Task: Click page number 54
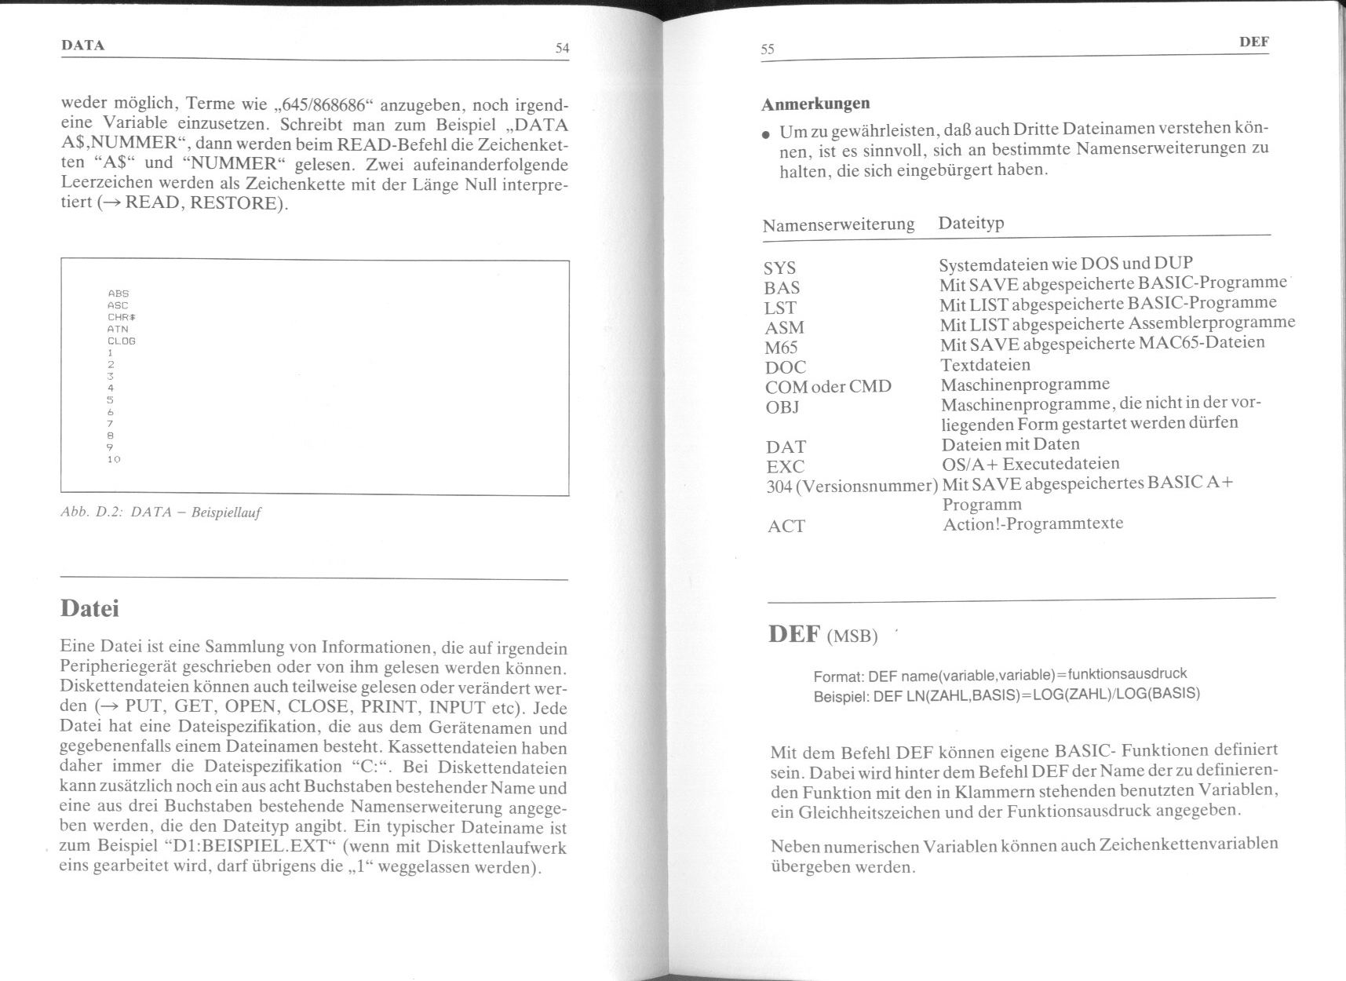561,49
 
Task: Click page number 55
767,49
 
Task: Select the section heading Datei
89,609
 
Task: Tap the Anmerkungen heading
815,104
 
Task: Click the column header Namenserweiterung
838,225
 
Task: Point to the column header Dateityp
971,223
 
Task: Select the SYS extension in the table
779,268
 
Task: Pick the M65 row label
781,348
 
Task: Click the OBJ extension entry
782,407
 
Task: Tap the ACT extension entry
786,527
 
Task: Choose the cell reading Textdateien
985,365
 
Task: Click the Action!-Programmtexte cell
1032,523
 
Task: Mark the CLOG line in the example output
122,341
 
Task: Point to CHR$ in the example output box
122,317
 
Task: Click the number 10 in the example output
114,459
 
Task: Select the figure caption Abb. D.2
160,513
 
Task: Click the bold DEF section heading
794,634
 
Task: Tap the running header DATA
82,46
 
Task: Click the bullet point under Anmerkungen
766,135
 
